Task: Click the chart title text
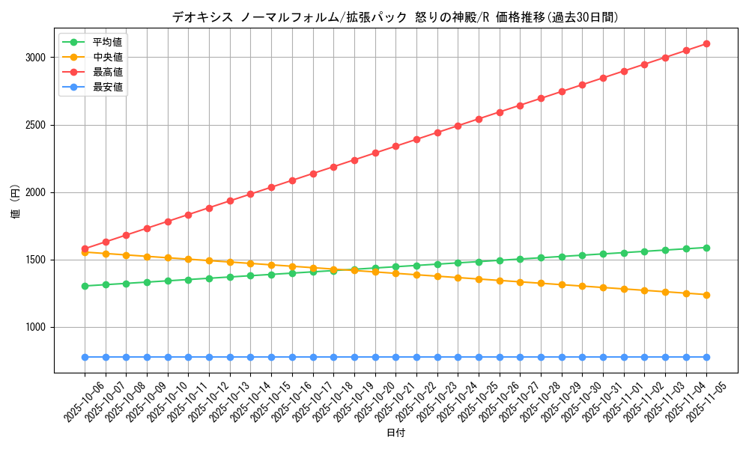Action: (395, 17)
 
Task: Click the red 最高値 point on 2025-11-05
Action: (706, 43)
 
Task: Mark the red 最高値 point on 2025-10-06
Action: (85, 248)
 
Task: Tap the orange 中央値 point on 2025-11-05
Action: (706, 295)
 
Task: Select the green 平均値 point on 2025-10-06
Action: (85, 286)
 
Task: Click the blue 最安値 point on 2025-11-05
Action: (706, 357)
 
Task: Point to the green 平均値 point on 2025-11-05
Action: (706, 248)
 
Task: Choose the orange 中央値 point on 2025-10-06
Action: (85, 252)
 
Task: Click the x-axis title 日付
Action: (395, 433)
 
